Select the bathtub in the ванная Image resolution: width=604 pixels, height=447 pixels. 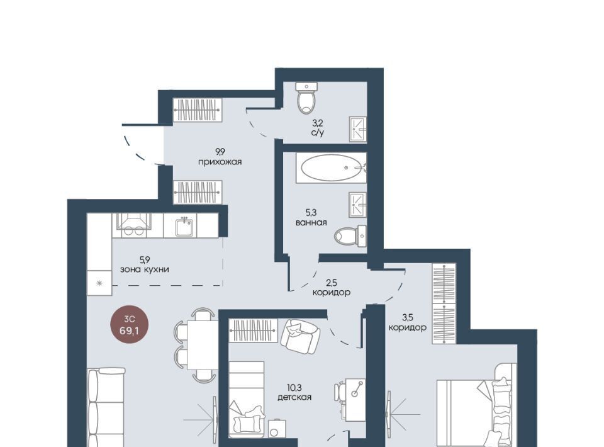coord(331,167)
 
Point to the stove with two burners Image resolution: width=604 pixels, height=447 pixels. coord(133,225)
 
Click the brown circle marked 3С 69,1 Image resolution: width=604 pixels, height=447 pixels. coord(129,325)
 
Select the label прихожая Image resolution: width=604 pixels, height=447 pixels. coord(220,162)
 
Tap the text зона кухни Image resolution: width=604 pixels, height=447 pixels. coord(145,269)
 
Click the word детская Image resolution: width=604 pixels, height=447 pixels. coord(294,397)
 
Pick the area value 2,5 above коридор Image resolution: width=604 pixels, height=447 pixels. coord(332,283)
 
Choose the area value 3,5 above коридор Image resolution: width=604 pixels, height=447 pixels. coord(407,318)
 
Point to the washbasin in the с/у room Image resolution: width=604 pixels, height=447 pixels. coord(358,129)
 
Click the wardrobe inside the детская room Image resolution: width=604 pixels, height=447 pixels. coord(253,331)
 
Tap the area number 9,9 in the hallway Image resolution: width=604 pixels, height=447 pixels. coord(220,152)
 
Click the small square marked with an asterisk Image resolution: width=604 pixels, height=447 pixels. coord(99,283)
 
